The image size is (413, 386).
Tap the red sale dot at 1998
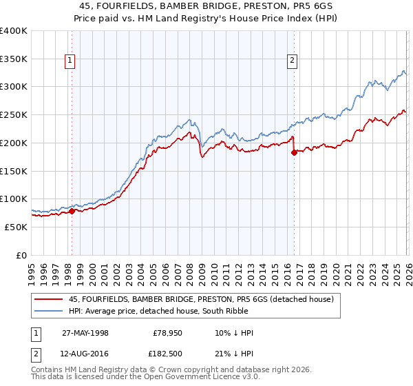point(72,211)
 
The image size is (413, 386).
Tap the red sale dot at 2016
point(294,153)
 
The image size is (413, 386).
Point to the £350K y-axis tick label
point(14,59)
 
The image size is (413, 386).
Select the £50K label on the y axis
point(17,227)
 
